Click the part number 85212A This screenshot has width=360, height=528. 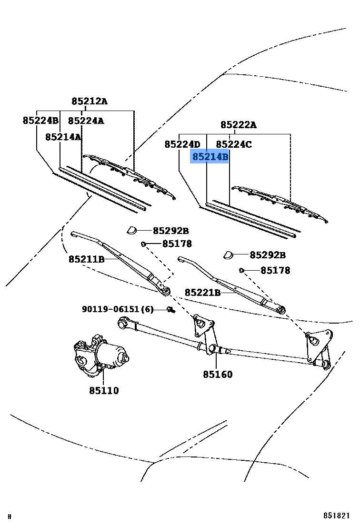90,101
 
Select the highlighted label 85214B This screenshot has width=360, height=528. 210,156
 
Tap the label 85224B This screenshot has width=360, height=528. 40,120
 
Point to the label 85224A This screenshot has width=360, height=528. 86,121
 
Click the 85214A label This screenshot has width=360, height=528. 63,137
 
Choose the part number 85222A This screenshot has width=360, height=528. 238,125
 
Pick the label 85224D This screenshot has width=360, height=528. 182,144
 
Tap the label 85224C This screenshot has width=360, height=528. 234,144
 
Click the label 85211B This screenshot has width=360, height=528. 86,259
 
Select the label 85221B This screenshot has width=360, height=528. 202,292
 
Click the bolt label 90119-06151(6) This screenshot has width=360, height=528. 118,309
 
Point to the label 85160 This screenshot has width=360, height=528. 218,374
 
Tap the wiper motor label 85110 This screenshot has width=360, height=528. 104,390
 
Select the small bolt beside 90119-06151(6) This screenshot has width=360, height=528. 170,310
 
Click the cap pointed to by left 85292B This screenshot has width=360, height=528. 132,231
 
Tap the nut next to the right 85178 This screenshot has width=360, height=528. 241,270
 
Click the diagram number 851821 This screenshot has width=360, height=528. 337,516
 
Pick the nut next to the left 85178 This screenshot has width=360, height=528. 143,244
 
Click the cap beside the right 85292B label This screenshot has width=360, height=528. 229,255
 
